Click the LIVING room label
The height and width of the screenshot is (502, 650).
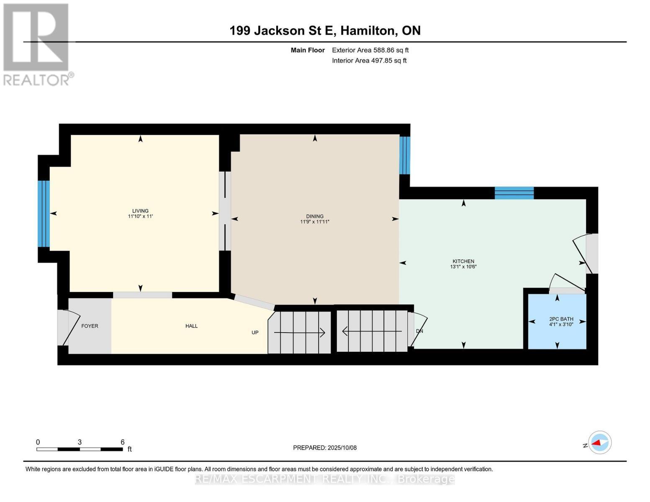(x=140, y=211)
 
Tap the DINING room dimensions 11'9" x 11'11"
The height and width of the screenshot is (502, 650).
(x=315, y=222)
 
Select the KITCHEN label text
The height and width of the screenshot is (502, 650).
(x=463, y=261)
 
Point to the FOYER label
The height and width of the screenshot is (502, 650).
(x=90, y=326)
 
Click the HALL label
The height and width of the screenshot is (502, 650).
(x=191, y=326)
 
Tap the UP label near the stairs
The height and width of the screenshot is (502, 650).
(x=255, y=333)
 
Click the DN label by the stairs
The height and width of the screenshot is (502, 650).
(x=419, y=331)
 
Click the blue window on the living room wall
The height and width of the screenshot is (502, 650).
(x=44, y=213)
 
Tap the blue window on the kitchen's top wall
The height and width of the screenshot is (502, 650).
(x=514, y=193)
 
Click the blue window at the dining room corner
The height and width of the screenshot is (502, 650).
(x=404, y=155)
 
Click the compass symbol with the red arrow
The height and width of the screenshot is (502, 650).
(x=599, y=443)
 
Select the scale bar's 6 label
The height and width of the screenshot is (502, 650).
(x=122, y=442)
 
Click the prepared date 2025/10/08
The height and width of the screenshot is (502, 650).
(x=325, y=448)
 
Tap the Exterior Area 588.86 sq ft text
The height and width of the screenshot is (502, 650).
(x=370, y=50)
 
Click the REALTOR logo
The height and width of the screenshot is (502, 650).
(x=37, y=44)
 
